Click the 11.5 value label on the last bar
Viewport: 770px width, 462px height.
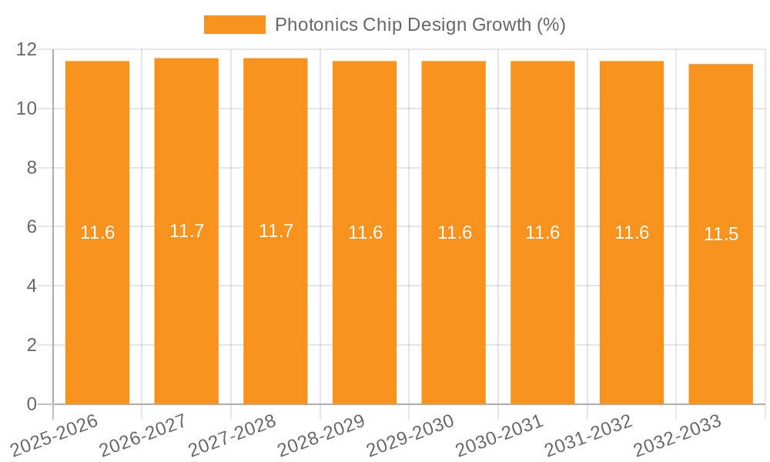[x=721, y=234]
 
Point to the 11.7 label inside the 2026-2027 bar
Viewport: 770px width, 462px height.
[x=186, y=231]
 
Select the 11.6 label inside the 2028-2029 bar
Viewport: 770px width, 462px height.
[x=365, y=233]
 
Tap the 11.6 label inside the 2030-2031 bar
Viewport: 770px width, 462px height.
[x=542, y=233]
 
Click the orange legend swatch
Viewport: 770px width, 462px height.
[x=234, y=25]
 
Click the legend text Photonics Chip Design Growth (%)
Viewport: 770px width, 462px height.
[x=420, y=25]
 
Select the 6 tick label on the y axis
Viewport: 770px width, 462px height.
[x=32, y=227]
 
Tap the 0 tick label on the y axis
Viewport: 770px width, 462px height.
[x=32, y=404]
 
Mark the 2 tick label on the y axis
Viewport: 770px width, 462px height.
[x=32, y=345]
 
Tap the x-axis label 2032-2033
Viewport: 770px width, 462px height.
[x=677, y=436]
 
